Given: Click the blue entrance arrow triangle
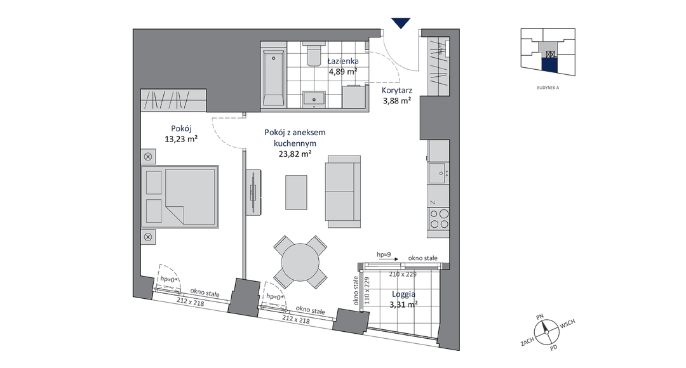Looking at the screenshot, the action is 401,23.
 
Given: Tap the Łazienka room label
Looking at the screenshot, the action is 344,62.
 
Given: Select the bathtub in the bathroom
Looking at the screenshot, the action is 273,77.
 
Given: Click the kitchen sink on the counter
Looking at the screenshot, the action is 438,173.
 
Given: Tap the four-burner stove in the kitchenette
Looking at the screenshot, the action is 439,219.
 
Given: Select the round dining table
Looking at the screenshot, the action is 300,263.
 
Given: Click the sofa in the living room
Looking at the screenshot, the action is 342,192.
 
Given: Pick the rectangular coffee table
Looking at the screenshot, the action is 296,192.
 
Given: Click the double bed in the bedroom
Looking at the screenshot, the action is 180,196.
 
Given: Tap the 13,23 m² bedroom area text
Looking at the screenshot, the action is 180,140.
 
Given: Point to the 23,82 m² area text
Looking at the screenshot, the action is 295,154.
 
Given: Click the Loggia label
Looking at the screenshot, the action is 403,294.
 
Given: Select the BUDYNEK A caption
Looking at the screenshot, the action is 548,88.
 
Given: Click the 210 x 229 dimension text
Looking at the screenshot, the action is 403,275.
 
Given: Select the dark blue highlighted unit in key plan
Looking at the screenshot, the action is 549,65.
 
